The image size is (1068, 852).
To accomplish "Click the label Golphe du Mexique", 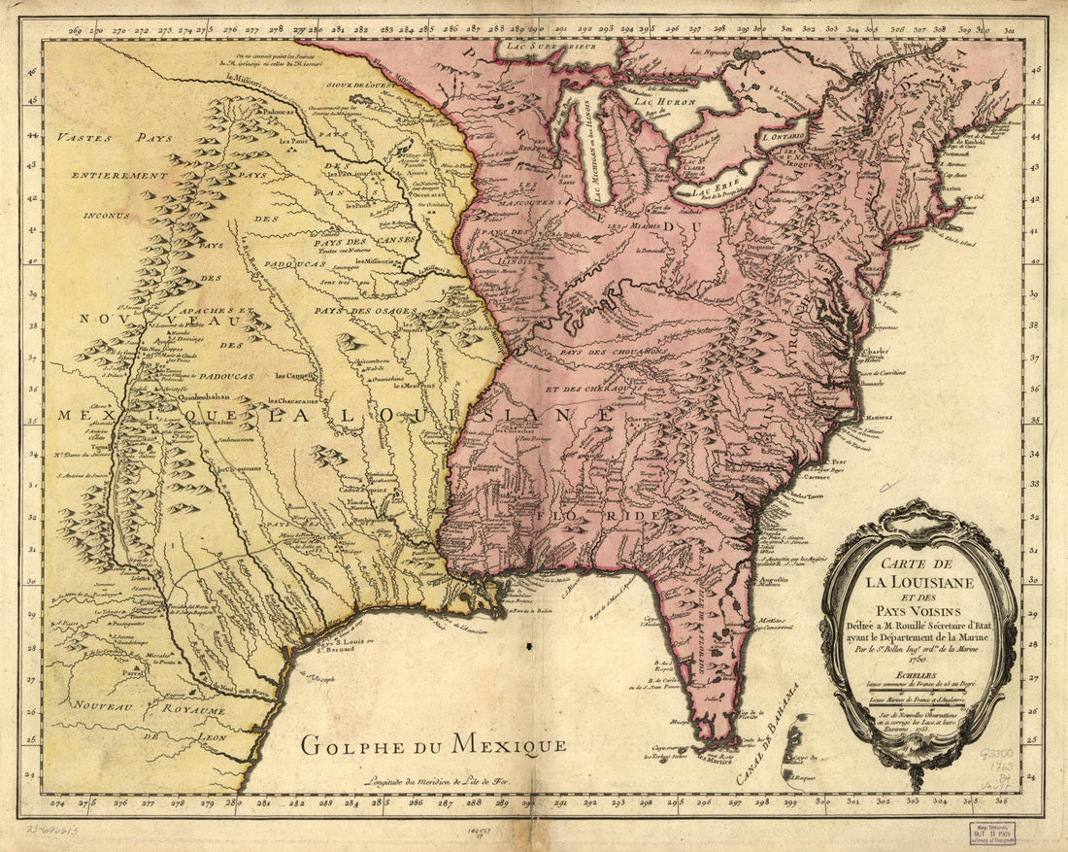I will pyautogui.click(x=432, y=746).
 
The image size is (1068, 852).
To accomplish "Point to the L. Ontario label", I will pyautogui.click(x=784, y=138).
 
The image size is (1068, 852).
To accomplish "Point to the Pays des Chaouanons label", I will pyautogui.click(x=613, y=352).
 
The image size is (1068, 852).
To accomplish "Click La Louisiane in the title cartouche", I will pyautogui.click(x=918, y=583).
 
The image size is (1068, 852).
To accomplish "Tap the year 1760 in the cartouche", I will pyautogui.click(x=918, y=658).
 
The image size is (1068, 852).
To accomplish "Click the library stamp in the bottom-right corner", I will pyautogui.click(x=991, y=833).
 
